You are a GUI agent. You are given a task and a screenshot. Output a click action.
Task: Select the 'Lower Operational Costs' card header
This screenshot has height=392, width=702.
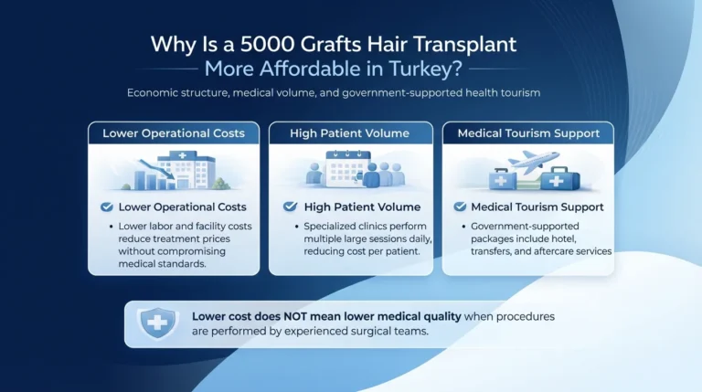174,133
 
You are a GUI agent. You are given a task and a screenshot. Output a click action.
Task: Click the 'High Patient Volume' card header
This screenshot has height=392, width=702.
351,133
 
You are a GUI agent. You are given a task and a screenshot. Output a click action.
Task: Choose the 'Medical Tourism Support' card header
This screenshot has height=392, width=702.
528,133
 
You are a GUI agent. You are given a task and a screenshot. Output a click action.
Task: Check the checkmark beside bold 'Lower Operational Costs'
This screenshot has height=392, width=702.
106,207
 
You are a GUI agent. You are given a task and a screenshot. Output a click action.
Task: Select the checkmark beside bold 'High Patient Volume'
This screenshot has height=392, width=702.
291,207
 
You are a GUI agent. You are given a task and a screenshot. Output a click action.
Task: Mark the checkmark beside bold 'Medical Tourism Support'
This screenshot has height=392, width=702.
460,207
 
